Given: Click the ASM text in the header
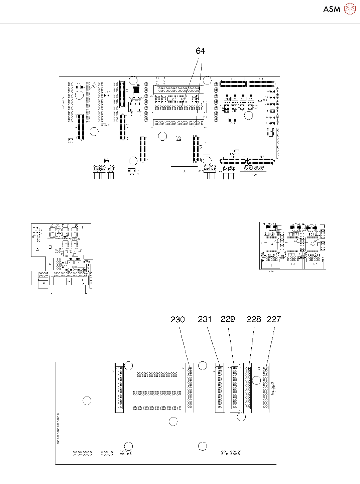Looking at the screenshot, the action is coord(332,9).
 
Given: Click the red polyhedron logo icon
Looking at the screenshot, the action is coord(350,9).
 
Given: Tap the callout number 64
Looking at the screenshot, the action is coord(200,51).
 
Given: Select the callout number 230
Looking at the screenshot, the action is coord(177,320).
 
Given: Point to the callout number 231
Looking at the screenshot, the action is coord(205,319).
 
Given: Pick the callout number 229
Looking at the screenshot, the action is coord(228,319).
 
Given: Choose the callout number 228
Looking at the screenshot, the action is coord(254,319).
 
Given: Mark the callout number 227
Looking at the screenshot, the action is coord(273,319).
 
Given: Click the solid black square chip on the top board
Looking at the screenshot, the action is coord(136,90).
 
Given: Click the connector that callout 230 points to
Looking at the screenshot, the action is coord(190,387).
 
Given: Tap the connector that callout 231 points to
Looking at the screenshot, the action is coord(220,387).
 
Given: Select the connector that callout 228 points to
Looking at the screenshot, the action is coord(248,387).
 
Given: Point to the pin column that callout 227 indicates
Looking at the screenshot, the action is coord(265,387).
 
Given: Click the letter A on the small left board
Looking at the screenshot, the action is coord(37,250).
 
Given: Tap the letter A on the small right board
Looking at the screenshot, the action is coord(272,244).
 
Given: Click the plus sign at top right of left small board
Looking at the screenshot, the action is coord(82,227).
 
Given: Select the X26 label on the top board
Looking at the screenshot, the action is coord(261,156).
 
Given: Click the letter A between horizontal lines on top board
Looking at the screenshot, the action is coord(185,171).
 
